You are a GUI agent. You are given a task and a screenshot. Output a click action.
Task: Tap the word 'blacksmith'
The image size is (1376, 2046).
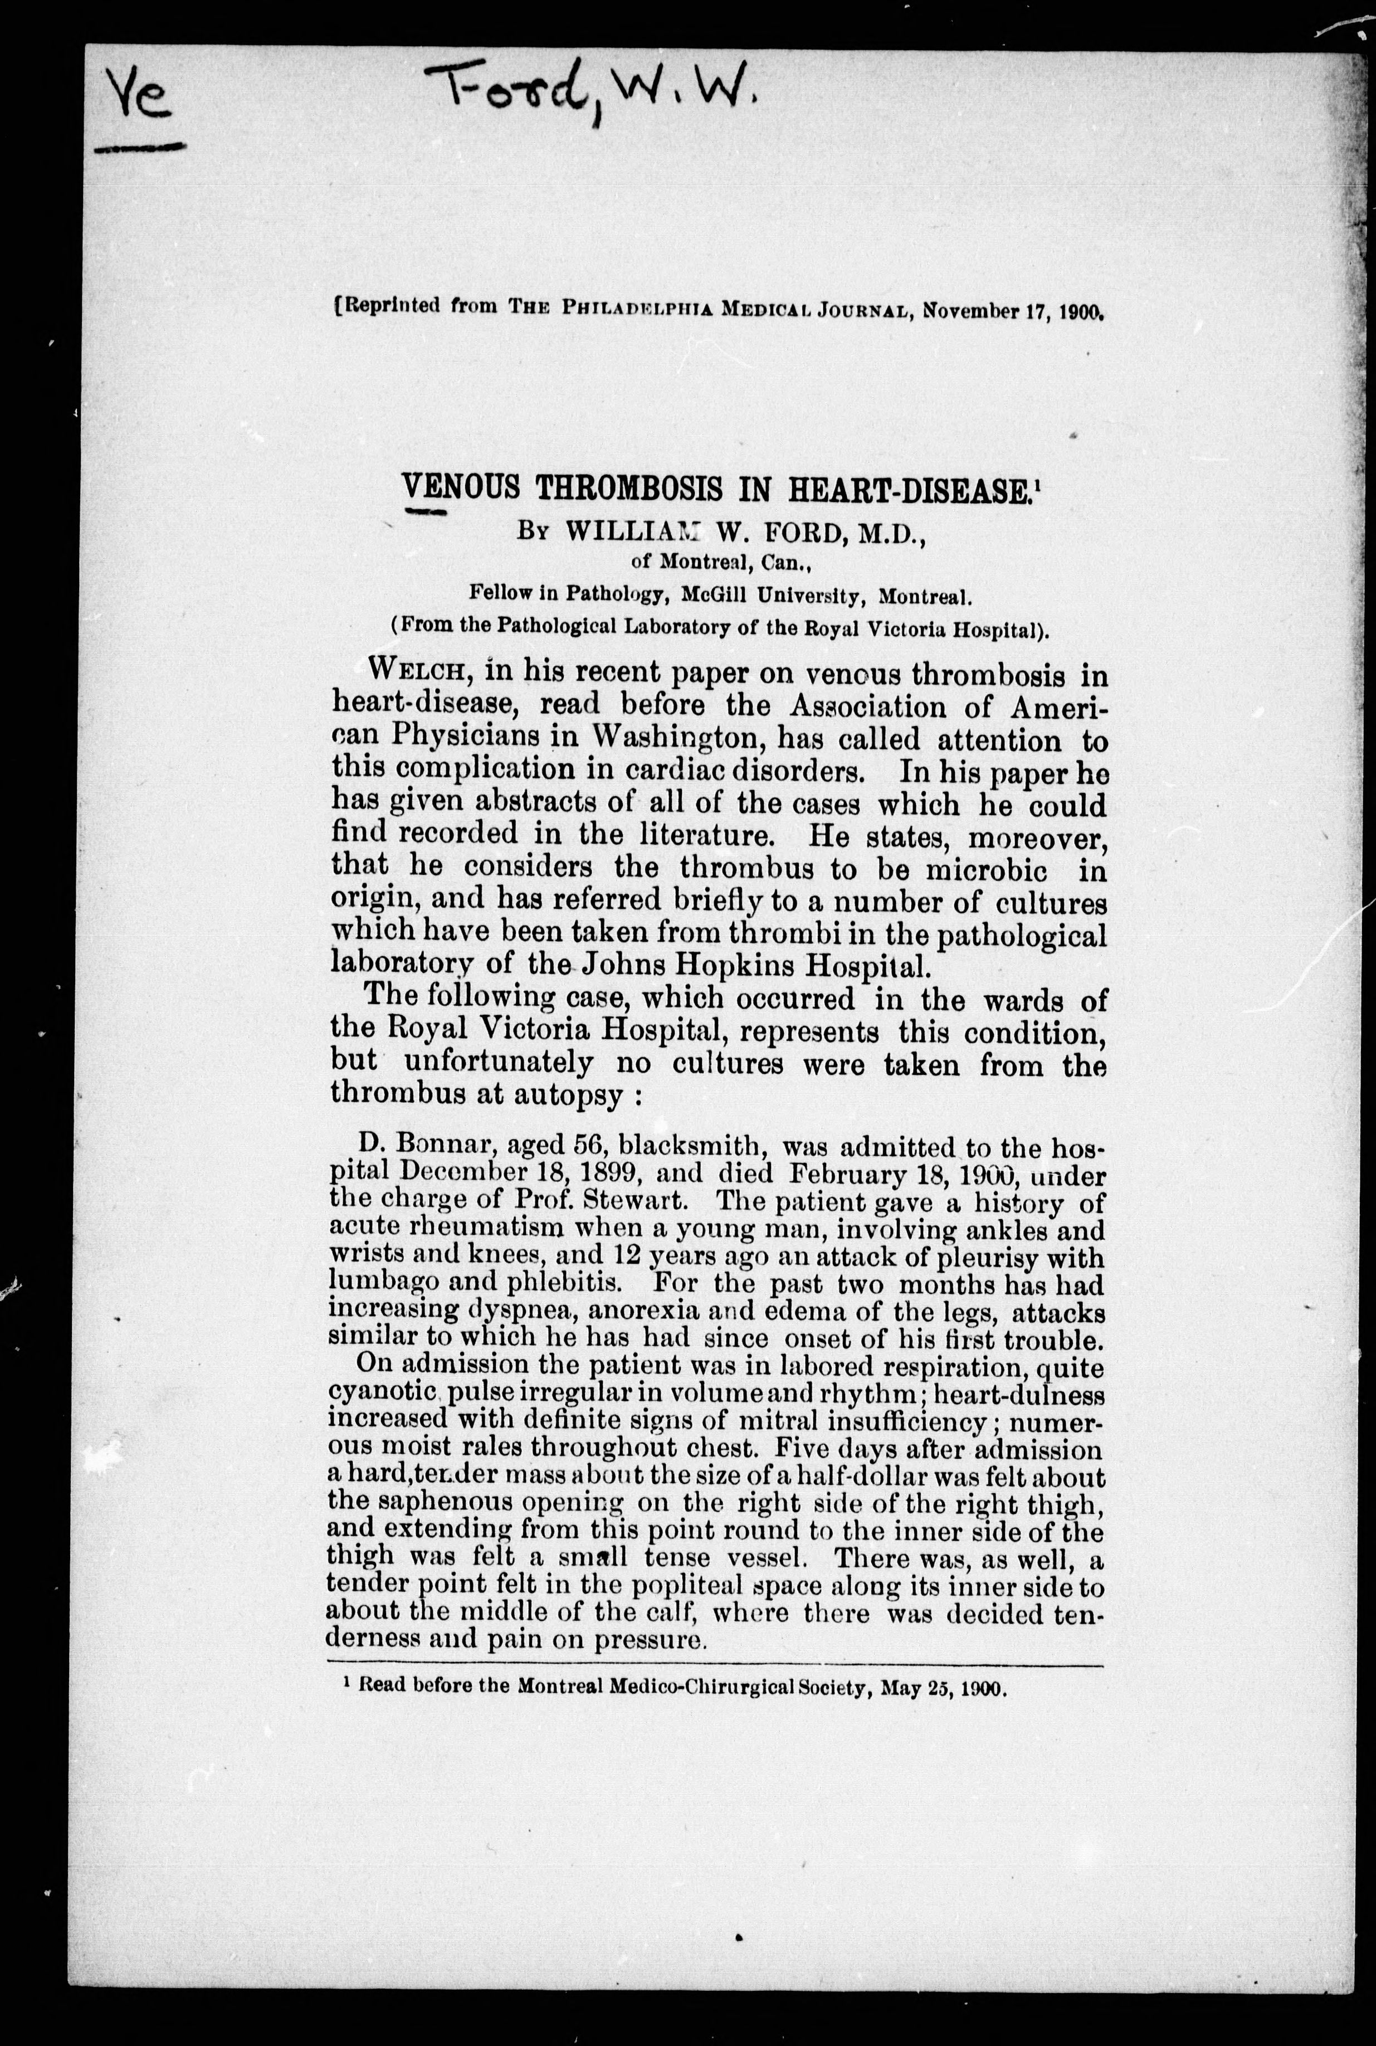(x=701, y=1146)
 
